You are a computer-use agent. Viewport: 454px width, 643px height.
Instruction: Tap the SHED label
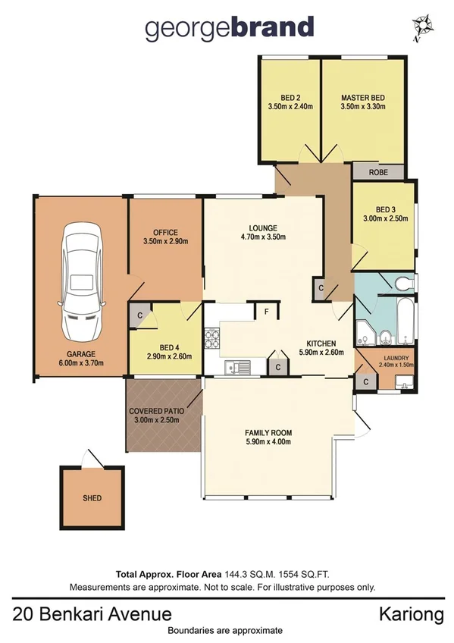[92, 498]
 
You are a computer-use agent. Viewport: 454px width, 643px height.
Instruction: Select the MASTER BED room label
[363, 98]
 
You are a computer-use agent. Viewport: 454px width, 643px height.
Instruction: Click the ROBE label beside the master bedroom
[379, 173]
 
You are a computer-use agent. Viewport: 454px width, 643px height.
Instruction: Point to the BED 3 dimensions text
[386, 218]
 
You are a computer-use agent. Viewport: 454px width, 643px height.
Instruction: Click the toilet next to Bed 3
[403, 284]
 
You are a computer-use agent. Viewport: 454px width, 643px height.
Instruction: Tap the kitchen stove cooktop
[211, 338]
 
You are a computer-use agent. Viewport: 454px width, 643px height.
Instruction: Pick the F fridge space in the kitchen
[267, 311]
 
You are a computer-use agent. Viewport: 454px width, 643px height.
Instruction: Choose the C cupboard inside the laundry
[366, 381]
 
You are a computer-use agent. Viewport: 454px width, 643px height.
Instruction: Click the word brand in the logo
[268, 27]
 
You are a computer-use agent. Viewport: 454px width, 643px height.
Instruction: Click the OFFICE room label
[164, 232]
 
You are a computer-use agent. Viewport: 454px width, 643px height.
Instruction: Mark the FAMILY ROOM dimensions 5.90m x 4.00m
[268, 442]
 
